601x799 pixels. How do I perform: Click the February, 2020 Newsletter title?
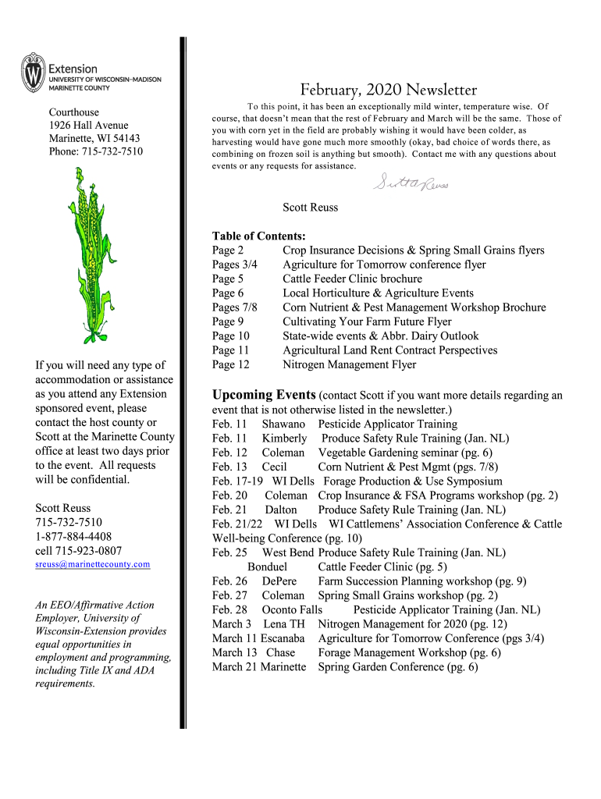click(388, 90)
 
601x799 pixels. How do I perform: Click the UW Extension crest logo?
click(34, 73)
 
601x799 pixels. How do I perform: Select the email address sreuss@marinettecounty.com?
click(92, 564)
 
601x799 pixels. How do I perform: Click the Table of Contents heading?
click(258, 236)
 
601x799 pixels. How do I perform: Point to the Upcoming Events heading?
click(264, 395)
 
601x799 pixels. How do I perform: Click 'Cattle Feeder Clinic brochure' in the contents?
click(352, 279)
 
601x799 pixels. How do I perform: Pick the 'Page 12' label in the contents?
click(230, 364)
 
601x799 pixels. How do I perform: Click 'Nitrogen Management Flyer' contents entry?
click(349, 364)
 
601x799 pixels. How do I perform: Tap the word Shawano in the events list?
click(283, 424)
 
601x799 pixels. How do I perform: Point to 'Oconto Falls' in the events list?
click(292, 609)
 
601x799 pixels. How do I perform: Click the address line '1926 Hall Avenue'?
click(89, 126)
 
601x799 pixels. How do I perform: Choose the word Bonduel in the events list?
click(267, 566)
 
